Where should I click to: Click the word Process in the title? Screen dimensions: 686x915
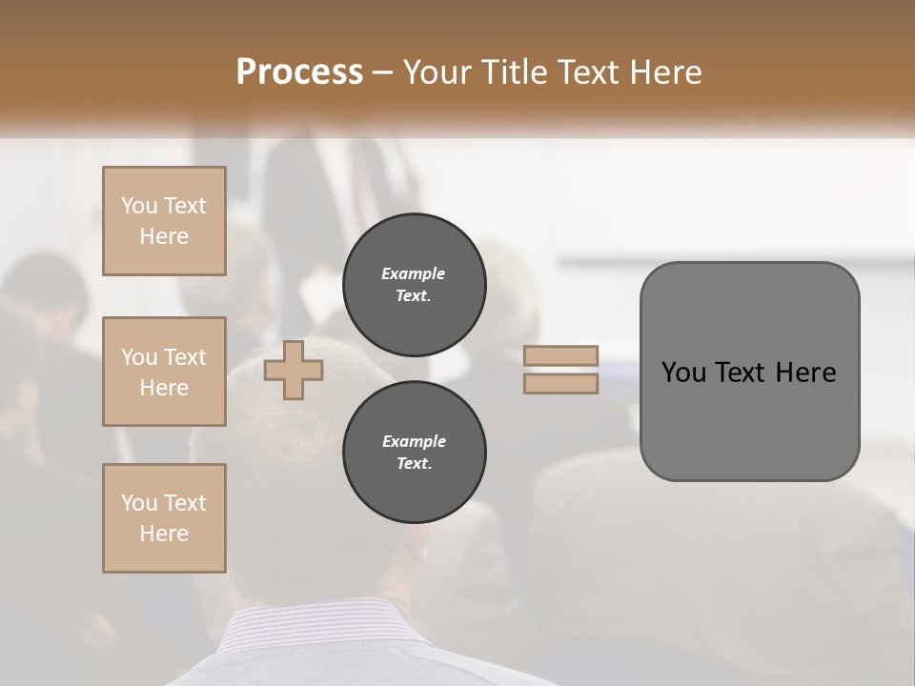point(299,72)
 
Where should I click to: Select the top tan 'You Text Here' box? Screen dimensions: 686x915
point(164,221)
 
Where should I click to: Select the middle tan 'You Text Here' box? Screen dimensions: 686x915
point(164,372)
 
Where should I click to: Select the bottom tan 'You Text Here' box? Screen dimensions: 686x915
point(164,518)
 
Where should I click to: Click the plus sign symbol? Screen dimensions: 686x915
point(294,370)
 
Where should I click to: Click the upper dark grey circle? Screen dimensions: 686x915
point(414,285)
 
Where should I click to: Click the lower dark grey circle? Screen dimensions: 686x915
point(414,453)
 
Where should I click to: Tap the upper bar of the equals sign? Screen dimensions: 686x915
point(560,355)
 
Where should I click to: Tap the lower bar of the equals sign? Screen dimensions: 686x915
point(560,384)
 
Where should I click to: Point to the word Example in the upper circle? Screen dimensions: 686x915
point(414,273)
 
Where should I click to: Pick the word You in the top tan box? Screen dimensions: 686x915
point(139,206)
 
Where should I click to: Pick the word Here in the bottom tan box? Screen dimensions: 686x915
point(164,534)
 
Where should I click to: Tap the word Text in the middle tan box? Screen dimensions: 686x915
point(184,357)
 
